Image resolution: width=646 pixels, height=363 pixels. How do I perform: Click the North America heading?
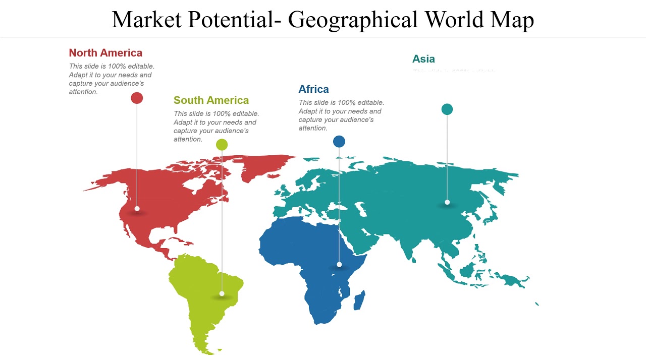click(x=105, y=53)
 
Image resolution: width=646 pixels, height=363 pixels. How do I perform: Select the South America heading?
click(x=211, y=100)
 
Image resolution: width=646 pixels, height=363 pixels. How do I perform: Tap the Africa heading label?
click(x=313, y=89)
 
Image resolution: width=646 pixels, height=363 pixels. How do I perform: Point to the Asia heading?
click(x=423, y=59)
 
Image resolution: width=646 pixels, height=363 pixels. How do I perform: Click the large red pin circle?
click(x=137, y=98)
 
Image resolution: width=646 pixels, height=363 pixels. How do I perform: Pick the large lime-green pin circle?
click(x=222, y=145)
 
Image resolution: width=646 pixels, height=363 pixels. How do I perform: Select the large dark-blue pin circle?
click(x=339, y=141)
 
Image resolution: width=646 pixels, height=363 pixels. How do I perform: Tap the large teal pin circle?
click(x=447, y=109)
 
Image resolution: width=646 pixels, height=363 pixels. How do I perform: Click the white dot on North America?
click(x=137, y=208)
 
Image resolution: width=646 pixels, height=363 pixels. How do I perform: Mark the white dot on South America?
click(x=222, y=293)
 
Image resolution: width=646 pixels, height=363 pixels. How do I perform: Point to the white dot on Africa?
click(x=339, y=264)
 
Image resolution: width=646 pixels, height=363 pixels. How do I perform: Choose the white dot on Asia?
click(x=447, y=202)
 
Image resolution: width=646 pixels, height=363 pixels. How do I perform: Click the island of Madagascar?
click(x=359, y=300)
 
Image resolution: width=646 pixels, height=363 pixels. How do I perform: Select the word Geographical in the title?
click(x=353, y=20)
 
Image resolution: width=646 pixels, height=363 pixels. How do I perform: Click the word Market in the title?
click(x=147, y=20)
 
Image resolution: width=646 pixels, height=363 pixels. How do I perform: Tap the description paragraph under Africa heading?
click(x=341, y=115)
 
